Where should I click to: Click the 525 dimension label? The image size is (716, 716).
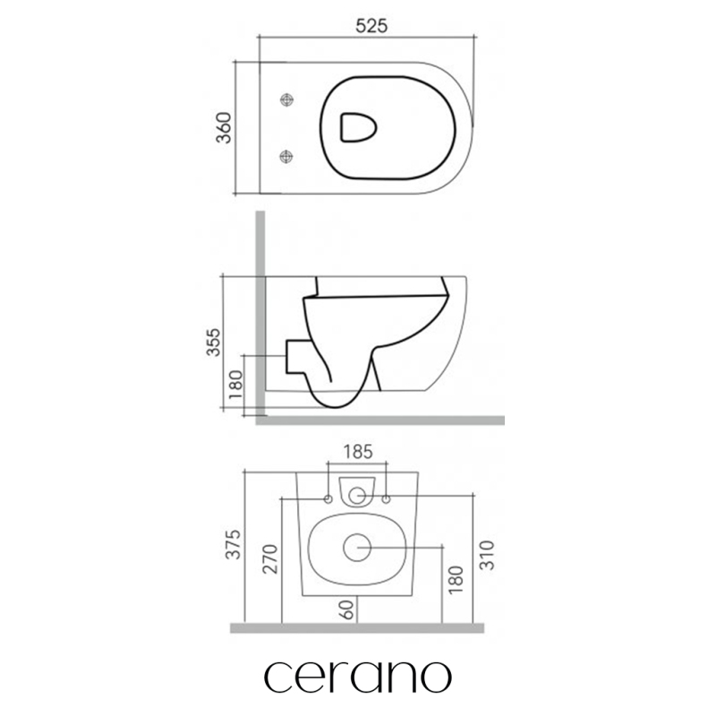pos(371,26)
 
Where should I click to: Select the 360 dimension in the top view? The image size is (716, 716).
pos(224,128)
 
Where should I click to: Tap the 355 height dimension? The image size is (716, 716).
pos(213,343)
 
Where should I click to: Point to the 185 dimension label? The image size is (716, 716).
pos(358,452)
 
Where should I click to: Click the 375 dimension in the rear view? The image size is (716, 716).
pos(233,544)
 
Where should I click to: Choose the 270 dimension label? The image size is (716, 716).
pos(270,558)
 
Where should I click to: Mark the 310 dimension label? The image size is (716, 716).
pos(487,555)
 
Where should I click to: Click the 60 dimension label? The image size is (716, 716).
pos(347,610)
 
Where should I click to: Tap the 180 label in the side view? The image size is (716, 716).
pos(235,384)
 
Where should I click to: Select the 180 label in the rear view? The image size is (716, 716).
pos(456,580)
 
